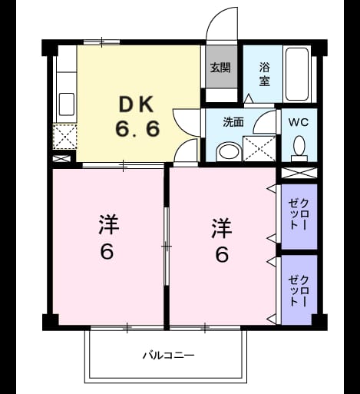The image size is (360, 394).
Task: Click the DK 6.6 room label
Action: coord(137,117)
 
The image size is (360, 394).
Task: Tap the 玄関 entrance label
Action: coord(220,68)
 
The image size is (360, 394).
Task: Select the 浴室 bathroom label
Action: coord(265,74)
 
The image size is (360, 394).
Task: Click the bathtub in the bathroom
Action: coord(297,74)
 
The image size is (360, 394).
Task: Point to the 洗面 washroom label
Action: coord(233,122)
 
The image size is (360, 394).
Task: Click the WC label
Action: coord(299,122)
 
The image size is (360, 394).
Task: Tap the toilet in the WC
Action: coord(299,149)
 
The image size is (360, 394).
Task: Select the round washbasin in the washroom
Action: coord(228,152)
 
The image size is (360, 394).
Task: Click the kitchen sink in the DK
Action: coord(67,104)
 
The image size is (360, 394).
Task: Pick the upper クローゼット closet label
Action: coord(299,214)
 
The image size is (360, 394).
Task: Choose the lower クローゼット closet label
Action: coord(299,291)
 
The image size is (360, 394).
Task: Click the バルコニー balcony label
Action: coord(169,356)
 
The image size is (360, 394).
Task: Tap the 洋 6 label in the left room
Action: coord(108,237)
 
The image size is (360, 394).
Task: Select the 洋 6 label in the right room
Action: coord(222,240)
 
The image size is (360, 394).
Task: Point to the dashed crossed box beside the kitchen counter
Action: coord(65,137)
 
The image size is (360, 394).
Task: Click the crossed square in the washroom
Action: coord(259,149)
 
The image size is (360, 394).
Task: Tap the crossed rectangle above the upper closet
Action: coord(299,173)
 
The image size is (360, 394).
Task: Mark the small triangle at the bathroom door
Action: coord(248,98)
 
